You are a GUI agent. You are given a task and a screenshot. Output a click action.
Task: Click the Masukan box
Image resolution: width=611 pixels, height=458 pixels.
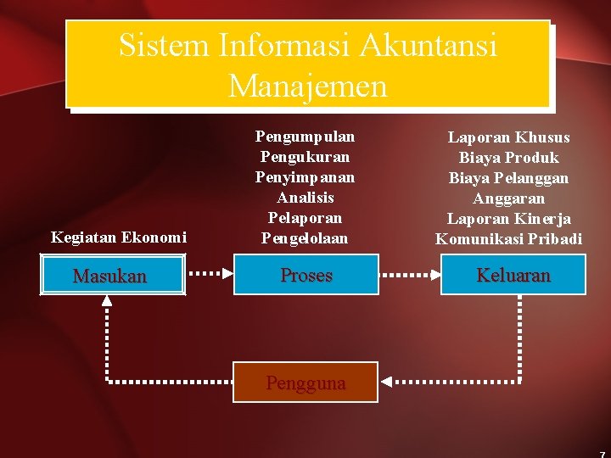[111, 276]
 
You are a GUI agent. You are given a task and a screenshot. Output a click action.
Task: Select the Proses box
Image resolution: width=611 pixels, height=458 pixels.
[305, 276]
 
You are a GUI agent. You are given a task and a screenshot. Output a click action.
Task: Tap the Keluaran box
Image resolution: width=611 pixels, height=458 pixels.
[513, 276]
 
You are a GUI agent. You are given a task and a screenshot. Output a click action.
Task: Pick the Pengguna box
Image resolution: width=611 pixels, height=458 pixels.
[305, 383]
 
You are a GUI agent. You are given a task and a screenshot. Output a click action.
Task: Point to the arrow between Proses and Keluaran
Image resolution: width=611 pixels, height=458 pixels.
[409, 275]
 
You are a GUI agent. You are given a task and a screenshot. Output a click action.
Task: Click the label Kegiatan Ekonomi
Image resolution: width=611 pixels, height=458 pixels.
[119, 237]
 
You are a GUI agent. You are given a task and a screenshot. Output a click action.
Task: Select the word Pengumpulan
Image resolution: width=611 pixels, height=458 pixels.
[305, 137]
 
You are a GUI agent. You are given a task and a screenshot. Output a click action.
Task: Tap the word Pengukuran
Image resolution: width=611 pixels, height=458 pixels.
[305, 157]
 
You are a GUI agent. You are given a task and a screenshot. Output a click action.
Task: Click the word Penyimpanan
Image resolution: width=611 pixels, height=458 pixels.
[305, 177]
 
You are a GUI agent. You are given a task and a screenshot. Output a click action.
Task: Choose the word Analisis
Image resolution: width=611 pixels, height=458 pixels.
[305, 198]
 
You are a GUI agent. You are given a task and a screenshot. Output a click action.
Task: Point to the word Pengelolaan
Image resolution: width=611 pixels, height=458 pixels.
[305, 238]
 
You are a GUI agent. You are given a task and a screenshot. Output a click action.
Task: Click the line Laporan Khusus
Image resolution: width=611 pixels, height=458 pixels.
[509, 137]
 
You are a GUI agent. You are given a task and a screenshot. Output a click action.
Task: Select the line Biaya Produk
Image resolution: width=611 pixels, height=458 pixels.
[509, 158]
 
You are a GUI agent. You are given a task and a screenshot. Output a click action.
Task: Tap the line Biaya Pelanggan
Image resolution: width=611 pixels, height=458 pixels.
[509, 178]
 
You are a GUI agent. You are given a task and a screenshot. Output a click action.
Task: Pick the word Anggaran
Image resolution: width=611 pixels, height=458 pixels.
[509, 198]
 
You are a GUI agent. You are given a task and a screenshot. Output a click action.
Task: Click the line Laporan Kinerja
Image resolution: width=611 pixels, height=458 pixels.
[509, 219]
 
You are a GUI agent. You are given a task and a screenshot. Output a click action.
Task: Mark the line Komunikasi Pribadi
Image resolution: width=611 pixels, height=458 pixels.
[509, 239]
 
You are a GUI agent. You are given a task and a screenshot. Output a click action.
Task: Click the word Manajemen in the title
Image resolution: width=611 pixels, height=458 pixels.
[307, 86]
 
